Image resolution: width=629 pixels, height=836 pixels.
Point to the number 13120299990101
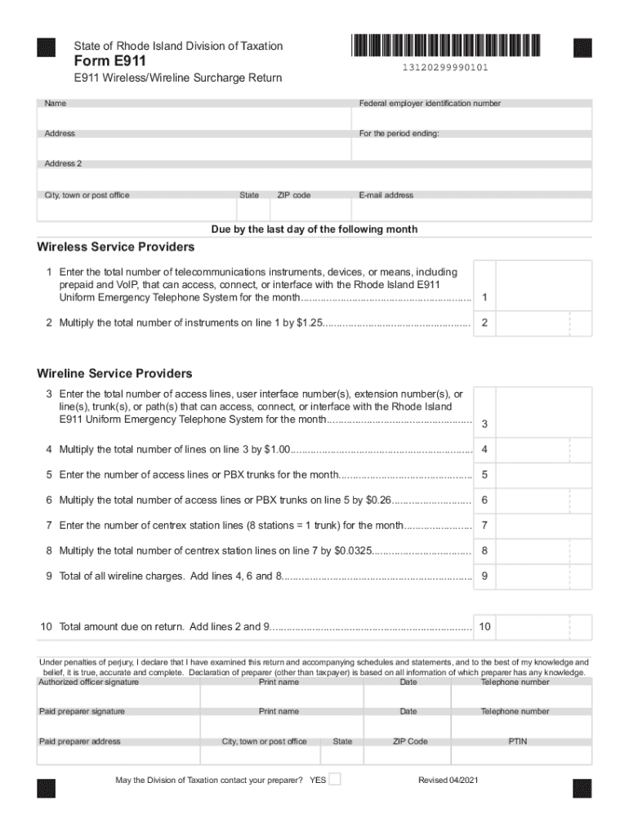pos(445,68)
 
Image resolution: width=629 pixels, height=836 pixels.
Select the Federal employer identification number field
pos(472,119)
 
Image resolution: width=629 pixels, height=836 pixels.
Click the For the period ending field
pos(472,149)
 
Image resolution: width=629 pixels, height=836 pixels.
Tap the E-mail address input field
pos(472,211)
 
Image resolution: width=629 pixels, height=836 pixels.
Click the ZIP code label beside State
pos(294,195)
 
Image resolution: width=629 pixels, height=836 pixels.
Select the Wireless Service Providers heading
pos(116,247)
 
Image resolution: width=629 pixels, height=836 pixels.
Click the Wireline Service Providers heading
pos(114,374)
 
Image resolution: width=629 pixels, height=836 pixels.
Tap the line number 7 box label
pos(484,525)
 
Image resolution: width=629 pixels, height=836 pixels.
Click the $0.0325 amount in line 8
pos(353,550)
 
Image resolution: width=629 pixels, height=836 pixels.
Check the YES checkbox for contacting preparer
pos(335,779)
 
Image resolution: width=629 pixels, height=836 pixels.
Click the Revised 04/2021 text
pos(448,780)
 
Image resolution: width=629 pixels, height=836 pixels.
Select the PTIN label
pos(517,741)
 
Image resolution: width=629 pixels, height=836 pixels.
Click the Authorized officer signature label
pos(89,682)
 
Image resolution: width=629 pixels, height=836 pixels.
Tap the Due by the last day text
pos(314,229)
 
